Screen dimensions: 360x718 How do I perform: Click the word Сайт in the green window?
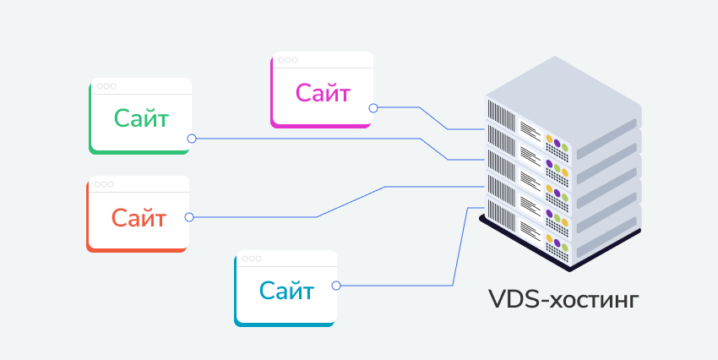141,118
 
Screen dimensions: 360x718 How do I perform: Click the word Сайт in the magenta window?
323,92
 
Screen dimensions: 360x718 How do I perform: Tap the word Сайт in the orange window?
138,218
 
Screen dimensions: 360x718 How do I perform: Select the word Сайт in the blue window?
286,292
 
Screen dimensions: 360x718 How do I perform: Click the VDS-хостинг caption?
563,300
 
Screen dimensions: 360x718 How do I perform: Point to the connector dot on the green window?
192,138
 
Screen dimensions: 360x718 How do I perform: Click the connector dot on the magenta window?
373,108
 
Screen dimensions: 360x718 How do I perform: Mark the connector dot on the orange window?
189,217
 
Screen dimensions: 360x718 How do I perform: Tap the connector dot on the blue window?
336,286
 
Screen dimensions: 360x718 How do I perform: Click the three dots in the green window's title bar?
106,86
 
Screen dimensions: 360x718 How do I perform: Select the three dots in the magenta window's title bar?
288,60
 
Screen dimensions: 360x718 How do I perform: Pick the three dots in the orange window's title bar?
104,184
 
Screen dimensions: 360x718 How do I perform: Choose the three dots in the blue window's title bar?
252,259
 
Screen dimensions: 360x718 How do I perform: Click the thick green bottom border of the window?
140,152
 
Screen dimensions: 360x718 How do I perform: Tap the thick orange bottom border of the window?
137,249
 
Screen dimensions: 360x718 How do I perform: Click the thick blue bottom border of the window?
286,324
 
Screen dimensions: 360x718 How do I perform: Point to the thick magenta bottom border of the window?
322,125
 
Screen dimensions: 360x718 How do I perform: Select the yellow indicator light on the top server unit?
550,138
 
